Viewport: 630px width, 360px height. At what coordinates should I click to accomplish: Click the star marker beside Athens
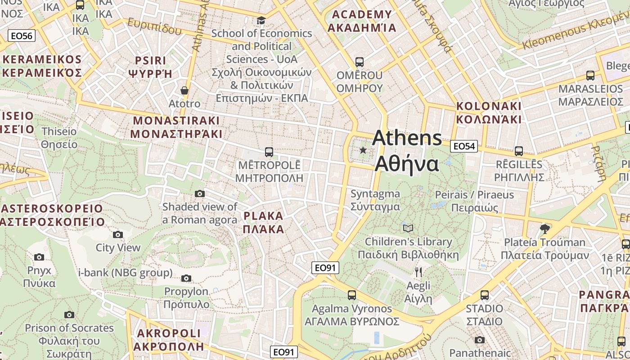click(x=363, y=150)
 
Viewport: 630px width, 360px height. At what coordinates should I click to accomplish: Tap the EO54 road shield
click(x=464, y=146)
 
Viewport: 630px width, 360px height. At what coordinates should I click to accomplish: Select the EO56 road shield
click(x=22, y=36)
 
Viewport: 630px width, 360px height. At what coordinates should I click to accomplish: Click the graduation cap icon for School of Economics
click(x=261, y=20)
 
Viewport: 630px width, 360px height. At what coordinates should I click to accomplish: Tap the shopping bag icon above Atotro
click(x=184, y=90)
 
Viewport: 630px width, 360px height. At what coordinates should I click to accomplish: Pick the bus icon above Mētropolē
click(x=269, y=152)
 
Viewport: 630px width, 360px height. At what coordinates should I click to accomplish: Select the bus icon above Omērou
click(x=359, y=62)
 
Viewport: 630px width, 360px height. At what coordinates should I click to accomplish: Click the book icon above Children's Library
click(x=408, y=229)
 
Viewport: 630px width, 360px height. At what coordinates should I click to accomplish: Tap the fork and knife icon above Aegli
click(x=418, y=272)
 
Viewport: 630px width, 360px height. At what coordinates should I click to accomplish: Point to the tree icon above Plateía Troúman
click(x=545, y=229)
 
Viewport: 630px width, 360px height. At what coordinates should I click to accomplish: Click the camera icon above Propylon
click(x=186, y=279)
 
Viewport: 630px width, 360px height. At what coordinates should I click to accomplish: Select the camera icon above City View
click(x=118, y=234)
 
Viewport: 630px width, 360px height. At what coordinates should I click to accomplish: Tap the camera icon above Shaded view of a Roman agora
click(x=200, y=194)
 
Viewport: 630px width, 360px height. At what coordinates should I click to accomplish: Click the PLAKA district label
click(x=264, y=223)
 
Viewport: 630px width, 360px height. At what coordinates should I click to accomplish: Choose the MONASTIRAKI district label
click(x=176, y=127)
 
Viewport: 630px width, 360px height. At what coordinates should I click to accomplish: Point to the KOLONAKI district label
click(x=489, y=112)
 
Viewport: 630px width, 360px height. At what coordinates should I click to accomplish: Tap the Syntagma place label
click(x=375, y=200)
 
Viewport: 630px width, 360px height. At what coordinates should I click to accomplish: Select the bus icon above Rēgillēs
click(x=519, y=151)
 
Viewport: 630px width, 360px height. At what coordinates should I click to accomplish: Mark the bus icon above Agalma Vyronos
click(x=352, y=295)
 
